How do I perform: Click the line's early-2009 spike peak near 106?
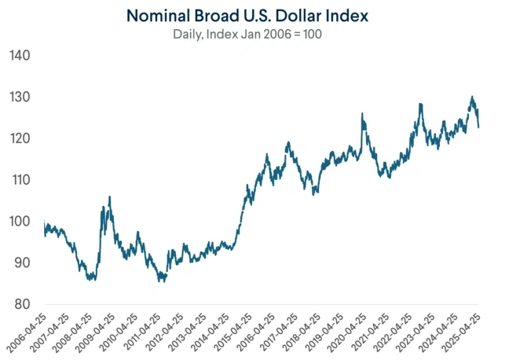pyautogui.click(x=109, y=197)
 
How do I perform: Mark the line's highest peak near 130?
pyautogui.click(x=472, y=97)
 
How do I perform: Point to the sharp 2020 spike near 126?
pyautogui.click(x=362, y=114)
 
